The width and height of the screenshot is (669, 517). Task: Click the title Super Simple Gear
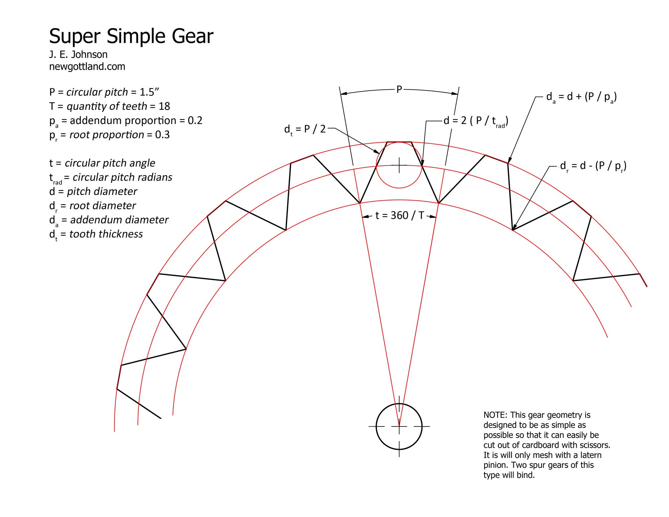[131, 36]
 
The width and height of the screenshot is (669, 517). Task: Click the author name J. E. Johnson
[78, 54]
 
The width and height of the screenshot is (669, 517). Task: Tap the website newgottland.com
[87, 67]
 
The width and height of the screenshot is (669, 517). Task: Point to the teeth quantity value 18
[164, 106]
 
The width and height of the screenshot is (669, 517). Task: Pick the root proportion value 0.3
[162, 135]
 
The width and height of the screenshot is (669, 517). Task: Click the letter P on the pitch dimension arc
[399, 89]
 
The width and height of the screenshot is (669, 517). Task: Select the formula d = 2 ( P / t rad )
[476, 121]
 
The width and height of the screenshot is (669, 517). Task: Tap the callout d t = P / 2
[305, 130]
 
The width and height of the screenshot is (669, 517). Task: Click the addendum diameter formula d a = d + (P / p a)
[582, 97]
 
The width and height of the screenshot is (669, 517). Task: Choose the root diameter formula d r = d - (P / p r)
[593, 166]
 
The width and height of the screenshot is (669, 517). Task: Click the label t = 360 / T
[399, 215]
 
